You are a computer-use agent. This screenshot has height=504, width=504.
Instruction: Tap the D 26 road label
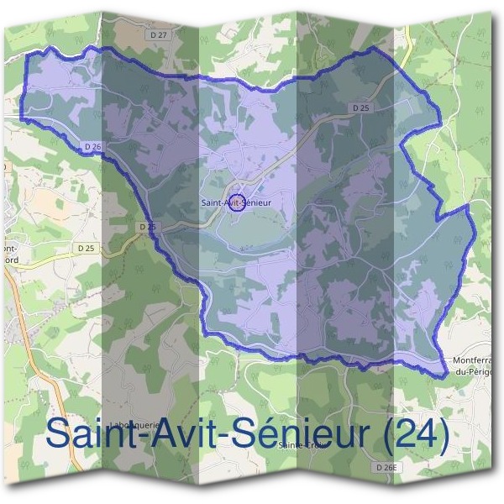(x=92, y=146)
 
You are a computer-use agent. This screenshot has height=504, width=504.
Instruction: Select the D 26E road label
(x=386, y=467)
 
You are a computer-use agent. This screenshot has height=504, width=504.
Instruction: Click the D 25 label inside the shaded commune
(x=360, y=108)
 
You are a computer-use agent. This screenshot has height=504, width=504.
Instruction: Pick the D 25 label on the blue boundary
(x=147, y=227)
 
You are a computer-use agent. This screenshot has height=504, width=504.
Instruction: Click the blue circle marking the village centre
(x=237, y=202)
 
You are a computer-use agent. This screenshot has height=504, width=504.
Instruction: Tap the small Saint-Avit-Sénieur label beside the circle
(x=238, y=202)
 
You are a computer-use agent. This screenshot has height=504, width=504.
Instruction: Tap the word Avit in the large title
(x=174, y=434)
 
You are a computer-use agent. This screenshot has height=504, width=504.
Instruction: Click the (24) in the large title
(x=415, y=434)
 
